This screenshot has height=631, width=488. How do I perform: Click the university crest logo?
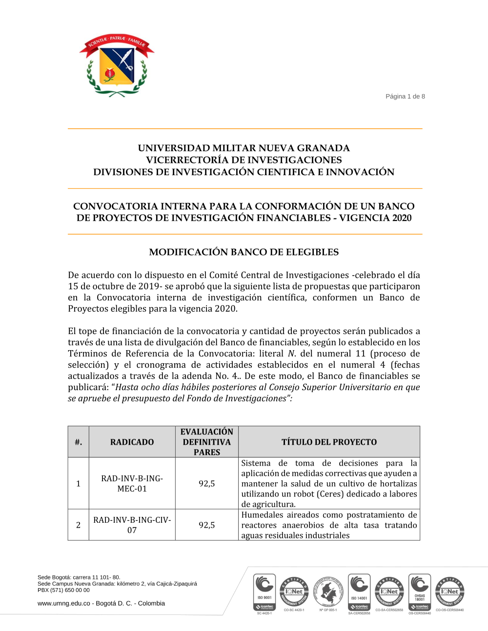click(117, 65)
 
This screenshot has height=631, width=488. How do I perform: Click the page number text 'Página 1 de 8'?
click(405, 97)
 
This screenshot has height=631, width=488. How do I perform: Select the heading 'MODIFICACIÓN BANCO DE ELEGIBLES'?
click(244, 252)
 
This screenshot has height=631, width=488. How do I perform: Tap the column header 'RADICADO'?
click(132, 442)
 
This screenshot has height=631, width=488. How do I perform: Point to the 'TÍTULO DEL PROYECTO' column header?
click(329, 442)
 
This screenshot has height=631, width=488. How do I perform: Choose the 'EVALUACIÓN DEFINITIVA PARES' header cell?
click(207, 442)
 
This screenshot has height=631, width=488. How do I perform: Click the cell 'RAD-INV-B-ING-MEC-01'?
click(132, 483)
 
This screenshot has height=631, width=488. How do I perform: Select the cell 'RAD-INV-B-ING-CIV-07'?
click(132, 525)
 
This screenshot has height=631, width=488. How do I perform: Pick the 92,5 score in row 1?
click(207, 483)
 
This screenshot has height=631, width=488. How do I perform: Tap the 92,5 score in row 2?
click(207, 525)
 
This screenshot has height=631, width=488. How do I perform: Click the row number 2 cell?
click(78, 525)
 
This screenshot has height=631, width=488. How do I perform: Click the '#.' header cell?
click(78, 442)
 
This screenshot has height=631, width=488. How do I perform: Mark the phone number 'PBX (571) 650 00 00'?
click(63, 590)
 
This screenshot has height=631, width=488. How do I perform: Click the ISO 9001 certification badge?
click(264, 592)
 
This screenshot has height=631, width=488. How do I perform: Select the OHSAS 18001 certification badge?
click(420, 592)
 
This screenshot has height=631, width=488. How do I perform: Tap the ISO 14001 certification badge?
click(359, 592)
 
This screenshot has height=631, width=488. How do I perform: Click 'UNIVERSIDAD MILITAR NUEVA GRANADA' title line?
click(244, 148)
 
